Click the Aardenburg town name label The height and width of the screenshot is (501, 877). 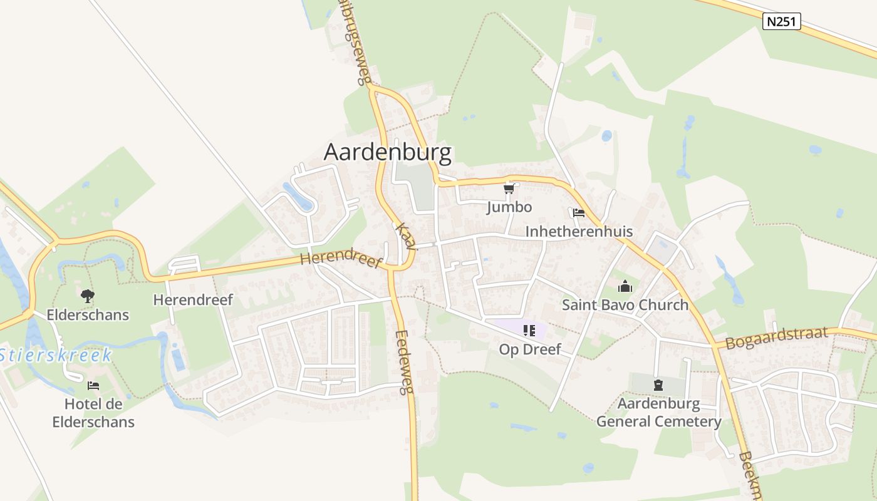click(388, 152)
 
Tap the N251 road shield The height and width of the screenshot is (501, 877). click(782, 21)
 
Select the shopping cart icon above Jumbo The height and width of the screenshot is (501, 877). click(509, 189)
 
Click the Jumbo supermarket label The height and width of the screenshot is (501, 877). click(509, 207)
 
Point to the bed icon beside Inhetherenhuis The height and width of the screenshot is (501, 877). click(578, 213)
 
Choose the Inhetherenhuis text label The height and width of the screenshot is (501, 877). click(579, 232)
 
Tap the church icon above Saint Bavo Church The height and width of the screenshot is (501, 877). click(625, 287)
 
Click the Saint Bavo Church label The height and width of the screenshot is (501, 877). click(625, 306)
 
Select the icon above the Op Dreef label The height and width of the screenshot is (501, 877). click(529, 330)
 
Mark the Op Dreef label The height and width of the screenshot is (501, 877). click(530, 349)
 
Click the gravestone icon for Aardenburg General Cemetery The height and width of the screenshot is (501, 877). click(658, 385)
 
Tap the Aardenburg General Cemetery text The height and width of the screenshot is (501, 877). click(658, 412)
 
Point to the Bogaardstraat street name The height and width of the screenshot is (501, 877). click(777, 338)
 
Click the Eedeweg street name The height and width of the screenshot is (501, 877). click(405, 362)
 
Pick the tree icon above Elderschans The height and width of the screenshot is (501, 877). click(87, 296)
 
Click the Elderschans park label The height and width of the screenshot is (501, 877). click(88, 314)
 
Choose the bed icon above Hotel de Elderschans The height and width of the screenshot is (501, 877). click(93, 385)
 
